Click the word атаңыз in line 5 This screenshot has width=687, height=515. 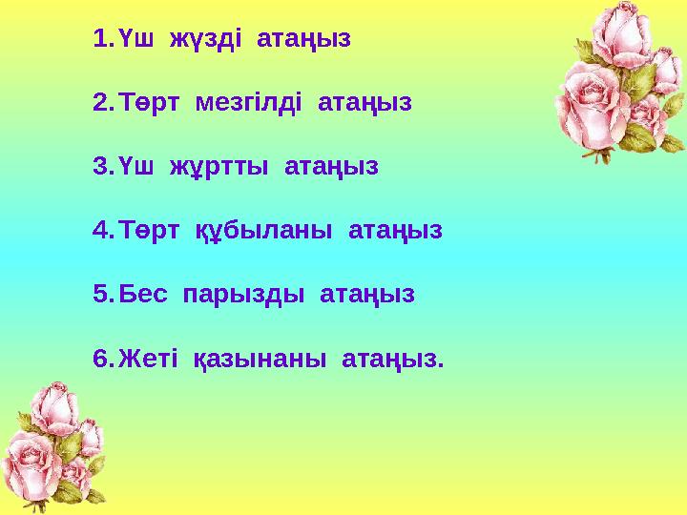(367, 295)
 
